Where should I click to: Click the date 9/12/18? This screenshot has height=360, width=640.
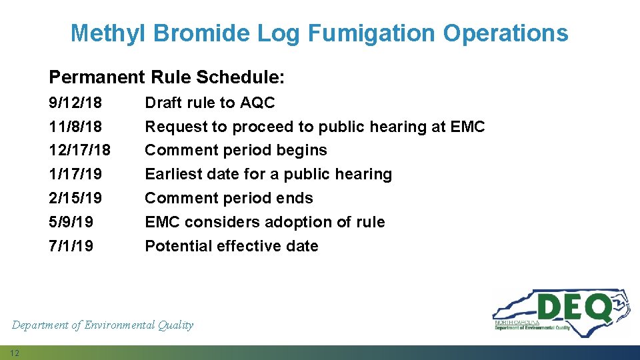75,103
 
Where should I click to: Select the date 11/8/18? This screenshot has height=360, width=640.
75,127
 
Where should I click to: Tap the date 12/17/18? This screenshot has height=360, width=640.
80,151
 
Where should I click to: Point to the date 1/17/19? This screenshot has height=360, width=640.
75,175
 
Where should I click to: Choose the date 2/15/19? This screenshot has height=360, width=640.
75,199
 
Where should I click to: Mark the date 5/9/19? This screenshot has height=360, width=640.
71,222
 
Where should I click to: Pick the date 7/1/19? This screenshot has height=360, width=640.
71,246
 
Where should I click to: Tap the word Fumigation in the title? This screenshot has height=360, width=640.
366,33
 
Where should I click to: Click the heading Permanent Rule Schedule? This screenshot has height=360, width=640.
167,77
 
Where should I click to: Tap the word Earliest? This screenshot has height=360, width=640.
173,175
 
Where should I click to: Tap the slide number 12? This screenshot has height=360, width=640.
15,352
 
